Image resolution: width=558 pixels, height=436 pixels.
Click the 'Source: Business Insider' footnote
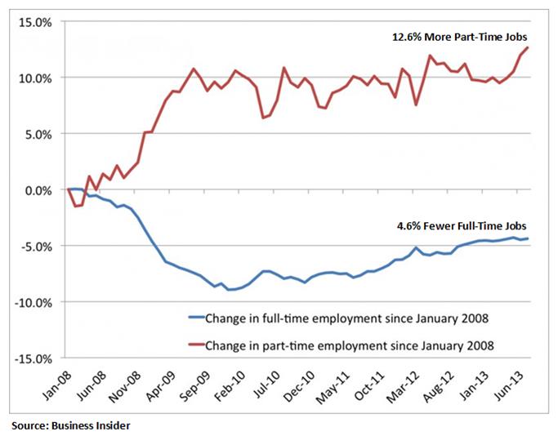click(x=69, y=425)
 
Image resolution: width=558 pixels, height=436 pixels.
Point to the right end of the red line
click(x=528, y=47)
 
